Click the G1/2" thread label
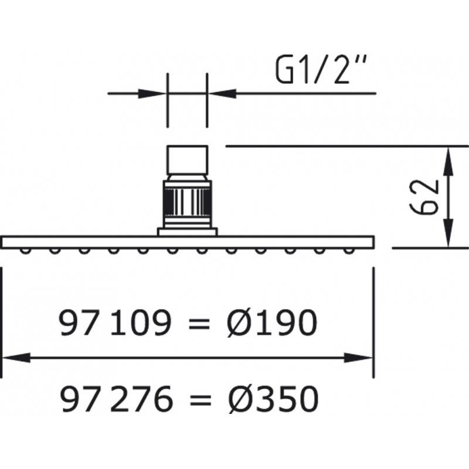tap(320, 70)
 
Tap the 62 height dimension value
tap(424, 197)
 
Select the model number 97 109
tap(115, 323)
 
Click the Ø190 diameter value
tap(271, 323)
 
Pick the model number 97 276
tap(116, 399)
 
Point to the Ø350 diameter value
tap(273, 399)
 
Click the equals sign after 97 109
tap(199, 324)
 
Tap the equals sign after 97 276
tap(200, 400)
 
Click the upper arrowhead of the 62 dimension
tap(448, 162)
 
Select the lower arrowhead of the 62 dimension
tap(448, 233)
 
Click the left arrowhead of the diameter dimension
tap(16, 358)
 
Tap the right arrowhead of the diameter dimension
tap(358, 358)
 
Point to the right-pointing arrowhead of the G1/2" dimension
tap(152, 93)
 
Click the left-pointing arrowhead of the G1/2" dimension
tap(222, 93)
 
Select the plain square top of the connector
tap(187, 159)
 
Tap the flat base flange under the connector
tap(188, 232)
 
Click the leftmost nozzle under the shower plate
tap(25, 251)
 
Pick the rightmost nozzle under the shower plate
tap(348, 251)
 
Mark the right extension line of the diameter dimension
tap(373, 322)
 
